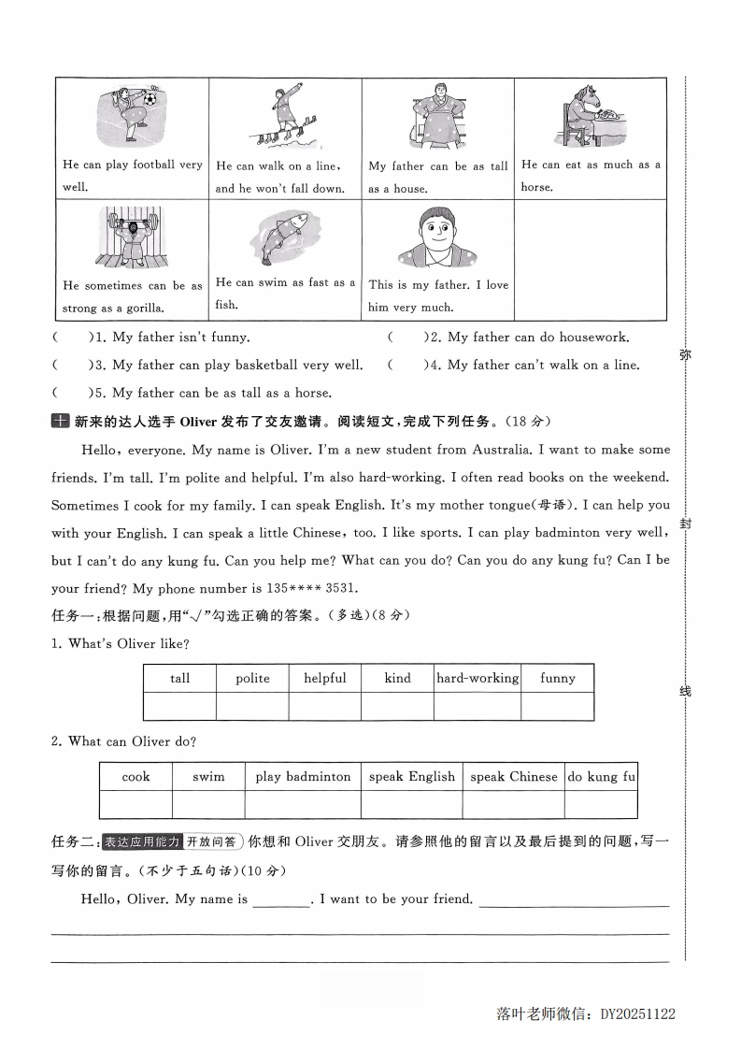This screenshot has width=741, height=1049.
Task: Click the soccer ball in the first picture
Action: (150, 96)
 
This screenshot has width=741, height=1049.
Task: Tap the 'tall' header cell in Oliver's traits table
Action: (179, 679)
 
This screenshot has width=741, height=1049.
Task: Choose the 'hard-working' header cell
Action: (477, 679)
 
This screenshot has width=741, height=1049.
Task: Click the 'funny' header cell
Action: (558, 679)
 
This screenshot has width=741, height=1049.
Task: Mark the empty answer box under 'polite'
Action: (252, 706)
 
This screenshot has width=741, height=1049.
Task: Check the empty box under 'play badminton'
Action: (303, 804)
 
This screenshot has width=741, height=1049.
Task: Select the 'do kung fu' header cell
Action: (601, 777)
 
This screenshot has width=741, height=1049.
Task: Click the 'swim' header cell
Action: (208, 777)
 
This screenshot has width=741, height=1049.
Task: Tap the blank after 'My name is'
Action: (281, 899)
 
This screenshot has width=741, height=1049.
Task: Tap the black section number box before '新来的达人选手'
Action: (60, 422)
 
